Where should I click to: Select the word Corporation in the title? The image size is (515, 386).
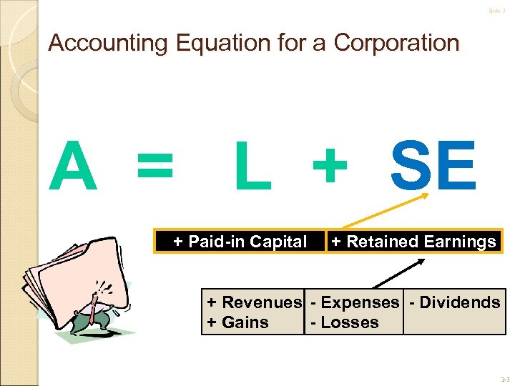click(396, 44)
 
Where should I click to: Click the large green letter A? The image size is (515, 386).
click(73, 167)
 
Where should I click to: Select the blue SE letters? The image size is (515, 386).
click(433, 167)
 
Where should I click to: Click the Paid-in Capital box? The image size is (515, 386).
click(240, 242)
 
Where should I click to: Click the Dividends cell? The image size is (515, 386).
click(455, 302)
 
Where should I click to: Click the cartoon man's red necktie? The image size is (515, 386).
click(94, 308)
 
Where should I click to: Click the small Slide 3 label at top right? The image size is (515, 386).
click(497, 11)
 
